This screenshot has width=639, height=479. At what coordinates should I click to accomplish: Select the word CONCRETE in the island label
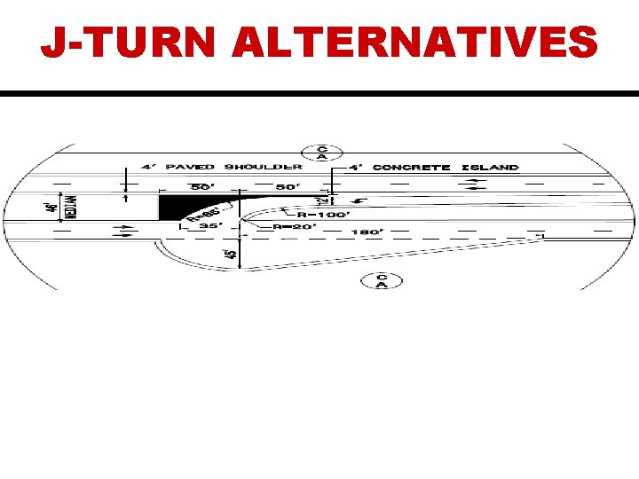point(412,167)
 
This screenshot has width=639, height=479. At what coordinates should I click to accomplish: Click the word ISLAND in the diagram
point(488,167)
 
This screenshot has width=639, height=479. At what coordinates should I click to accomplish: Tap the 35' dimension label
point(209,227)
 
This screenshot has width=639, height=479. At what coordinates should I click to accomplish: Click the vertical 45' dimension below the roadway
point(230,255)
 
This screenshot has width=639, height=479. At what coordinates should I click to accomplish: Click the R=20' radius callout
point(293,227)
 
